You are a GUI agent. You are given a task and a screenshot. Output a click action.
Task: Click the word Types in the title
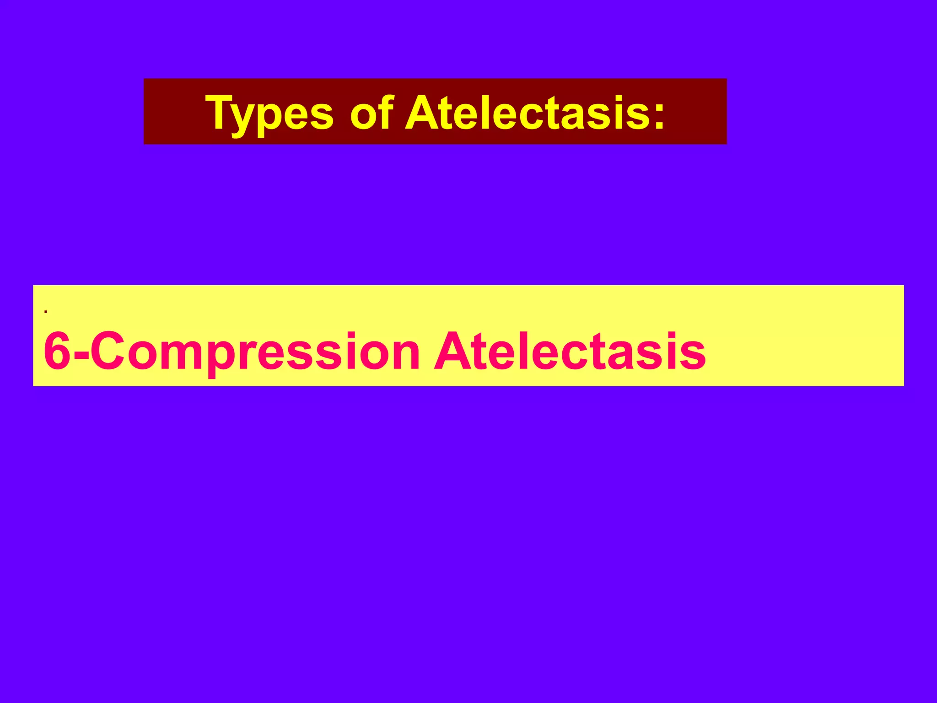pos(270,113)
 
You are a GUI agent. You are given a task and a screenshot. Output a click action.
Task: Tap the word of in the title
pos(372,113)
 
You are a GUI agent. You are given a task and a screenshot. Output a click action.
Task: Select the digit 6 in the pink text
pos(57,351)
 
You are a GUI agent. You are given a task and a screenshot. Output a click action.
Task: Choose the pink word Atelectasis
pos(570,351)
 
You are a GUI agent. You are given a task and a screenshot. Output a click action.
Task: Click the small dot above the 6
pos(46,312)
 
